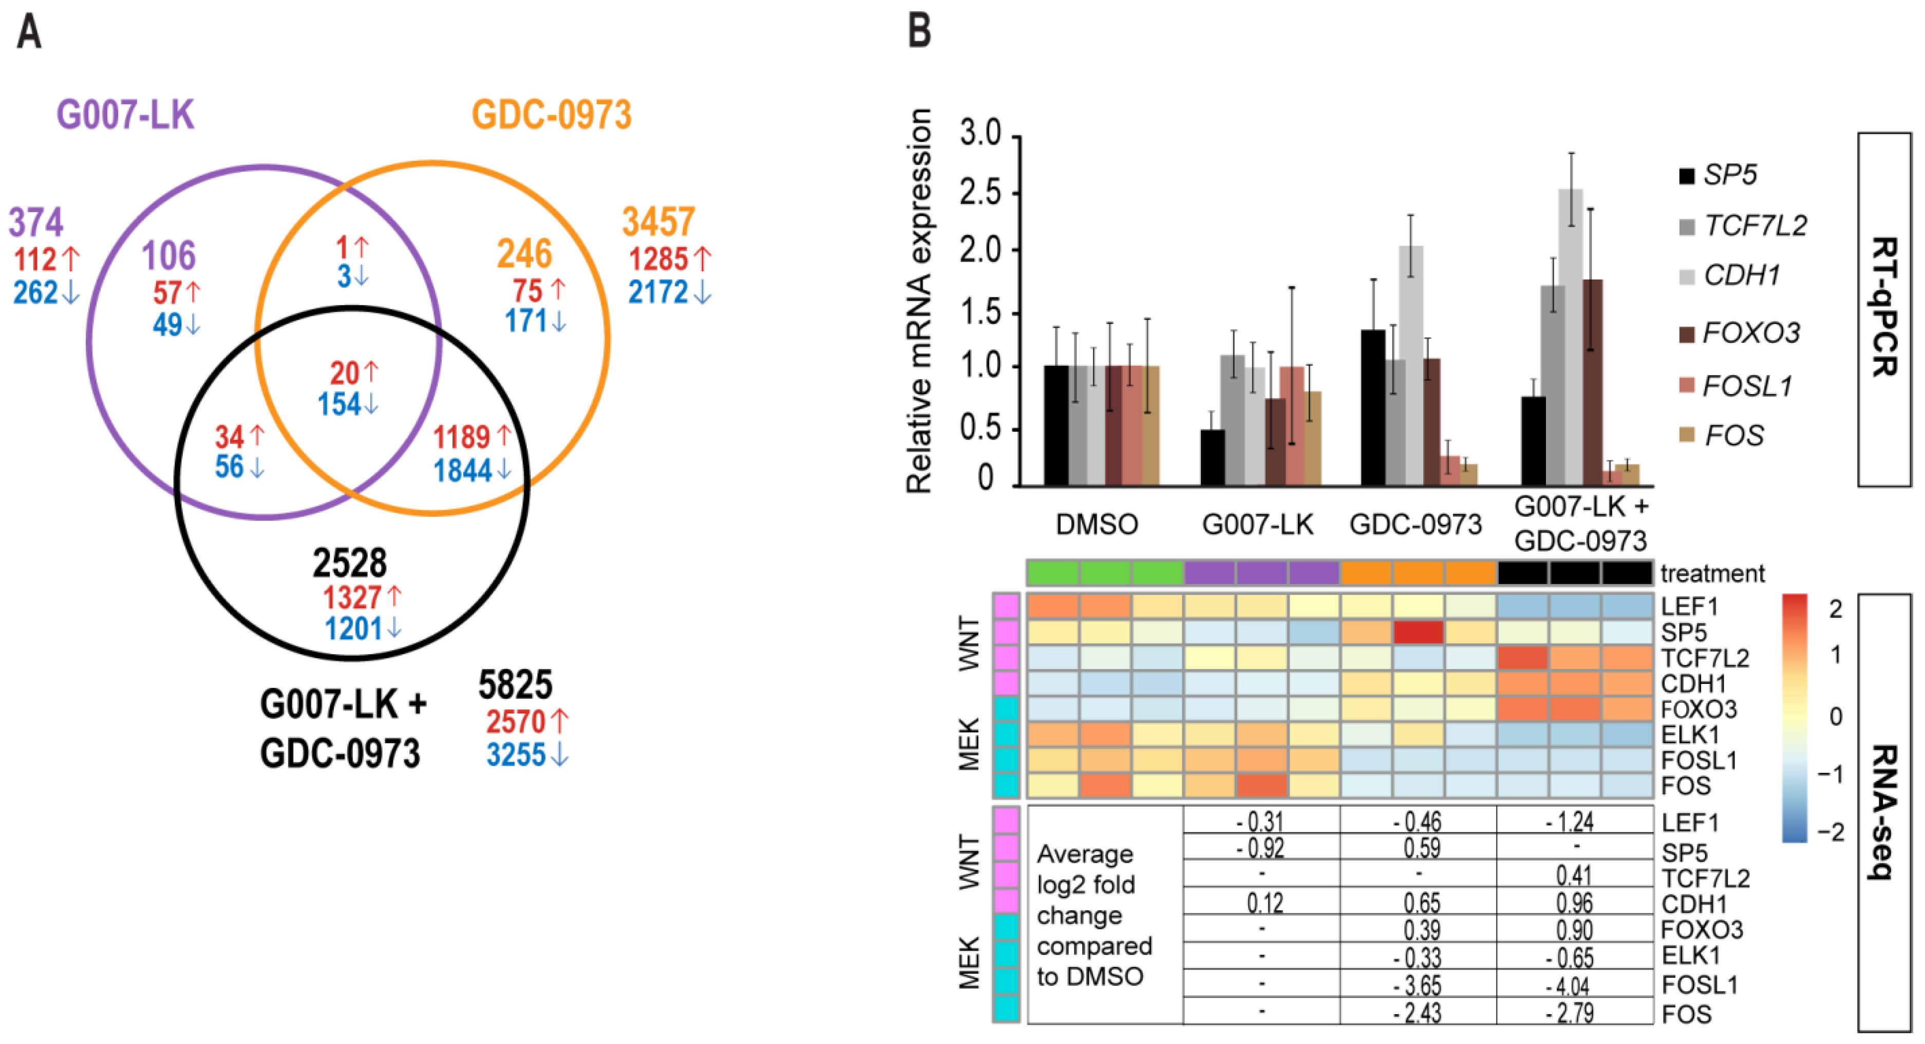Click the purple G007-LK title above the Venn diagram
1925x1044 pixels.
[x=125, y=116]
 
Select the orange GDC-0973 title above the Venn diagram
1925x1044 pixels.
[x=552, y=116]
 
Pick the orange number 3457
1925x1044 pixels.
[x=658, y=222]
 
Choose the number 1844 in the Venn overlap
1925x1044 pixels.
[x=463, y=471]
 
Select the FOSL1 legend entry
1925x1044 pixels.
[x=1736, y=386]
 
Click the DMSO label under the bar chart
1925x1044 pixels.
[x=1096, y=525]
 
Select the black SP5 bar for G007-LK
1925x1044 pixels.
[x=1212, y=457]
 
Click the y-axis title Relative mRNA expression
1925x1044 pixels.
[x=919, y=301]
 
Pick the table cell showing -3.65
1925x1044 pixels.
[x=1418, y=984]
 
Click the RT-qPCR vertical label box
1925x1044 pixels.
[x=1884, y=309]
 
